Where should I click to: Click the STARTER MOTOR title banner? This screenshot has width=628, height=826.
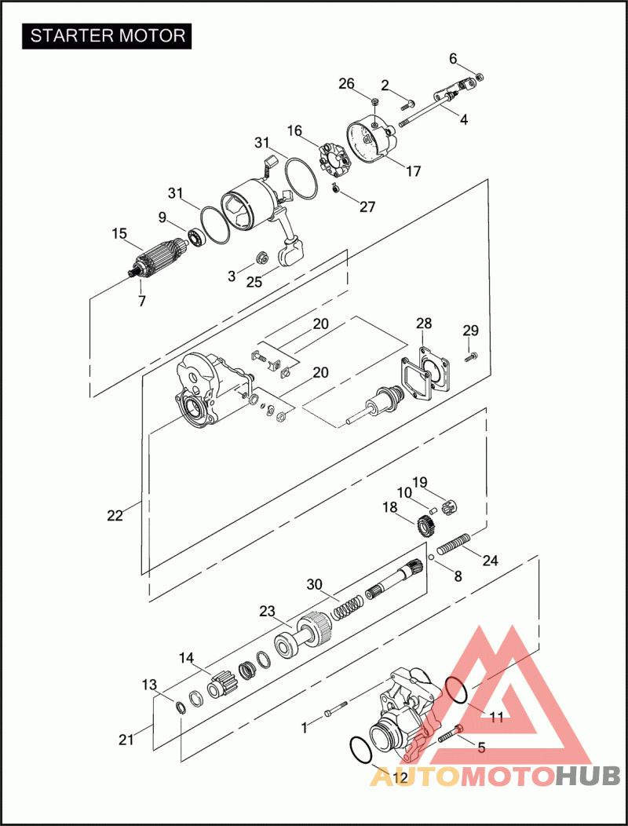click(x=108, y=35)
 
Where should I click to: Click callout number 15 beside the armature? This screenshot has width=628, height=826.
click(x=119, y=233)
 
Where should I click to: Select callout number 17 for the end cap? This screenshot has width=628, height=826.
click(x=414, y=170)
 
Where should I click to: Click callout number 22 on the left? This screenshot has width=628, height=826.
click(x=115, y=516)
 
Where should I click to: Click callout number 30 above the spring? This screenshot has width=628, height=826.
click(x=315, y=584)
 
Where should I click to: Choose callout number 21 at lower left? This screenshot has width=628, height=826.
click(x=126, y=739)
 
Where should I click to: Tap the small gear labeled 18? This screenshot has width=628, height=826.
click(x=425, y=521)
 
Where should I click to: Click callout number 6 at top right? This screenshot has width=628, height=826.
click(x=453, y=58)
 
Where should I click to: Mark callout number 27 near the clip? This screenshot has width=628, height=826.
click(x=367, y=207)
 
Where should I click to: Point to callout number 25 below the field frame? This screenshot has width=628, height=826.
click(x=254, y=281)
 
